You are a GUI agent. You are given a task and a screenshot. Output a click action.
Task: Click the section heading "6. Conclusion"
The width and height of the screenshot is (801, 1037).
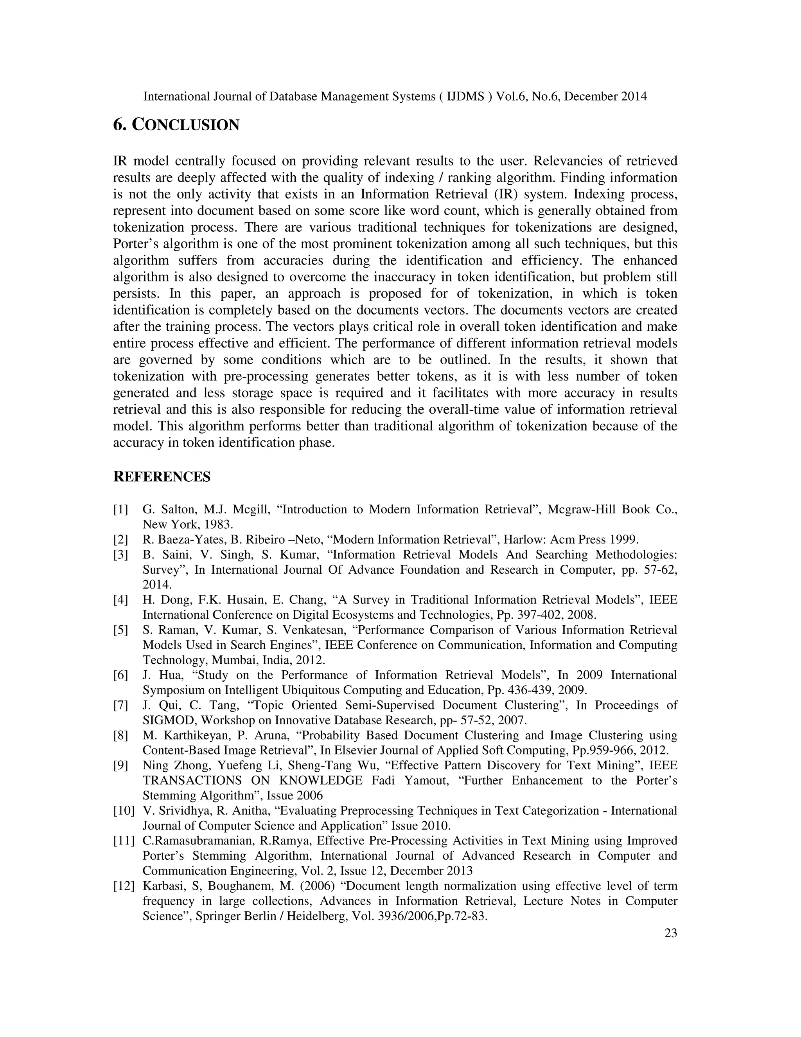point(176,125)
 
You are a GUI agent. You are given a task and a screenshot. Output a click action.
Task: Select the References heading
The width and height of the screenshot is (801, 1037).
point(162,477)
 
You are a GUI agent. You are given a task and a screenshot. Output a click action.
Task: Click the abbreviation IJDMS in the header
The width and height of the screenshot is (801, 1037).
point(466,96)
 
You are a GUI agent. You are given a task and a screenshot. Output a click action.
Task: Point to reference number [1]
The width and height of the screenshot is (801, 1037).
point(120,509)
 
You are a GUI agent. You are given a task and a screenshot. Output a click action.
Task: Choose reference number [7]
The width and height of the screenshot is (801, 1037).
point(120,705)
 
